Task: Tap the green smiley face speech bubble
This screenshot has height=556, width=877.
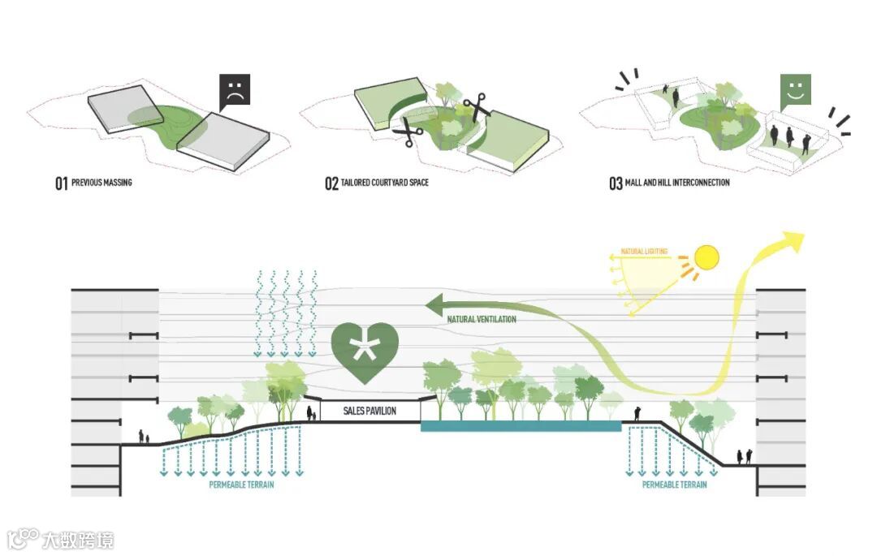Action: [x=796, y=91]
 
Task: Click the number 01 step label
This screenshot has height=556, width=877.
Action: [x=61, y=183]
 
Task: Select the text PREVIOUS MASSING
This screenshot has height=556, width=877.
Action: [x=102, y=183]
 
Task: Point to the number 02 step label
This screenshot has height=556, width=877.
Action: [x=331, y=183]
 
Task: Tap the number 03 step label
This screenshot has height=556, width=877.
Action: [x=616, y=183]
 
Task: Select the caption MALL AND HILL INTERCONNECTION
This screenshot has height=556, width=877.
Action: [x=677, y=183]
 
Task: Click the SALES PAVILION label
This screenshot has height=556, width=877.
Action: [x=370, y=412]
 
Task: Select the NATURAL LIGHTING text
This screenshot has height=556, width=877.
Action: [x=644, y=252]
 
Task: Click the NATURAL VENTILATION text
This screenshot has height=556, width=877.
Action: [x=482, y=320]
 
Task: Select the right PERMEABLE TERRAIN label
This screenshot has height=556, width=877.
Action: [x=674, y=485]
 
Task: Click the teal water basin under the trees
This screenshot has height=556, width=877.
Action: [x=521, y=425]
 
